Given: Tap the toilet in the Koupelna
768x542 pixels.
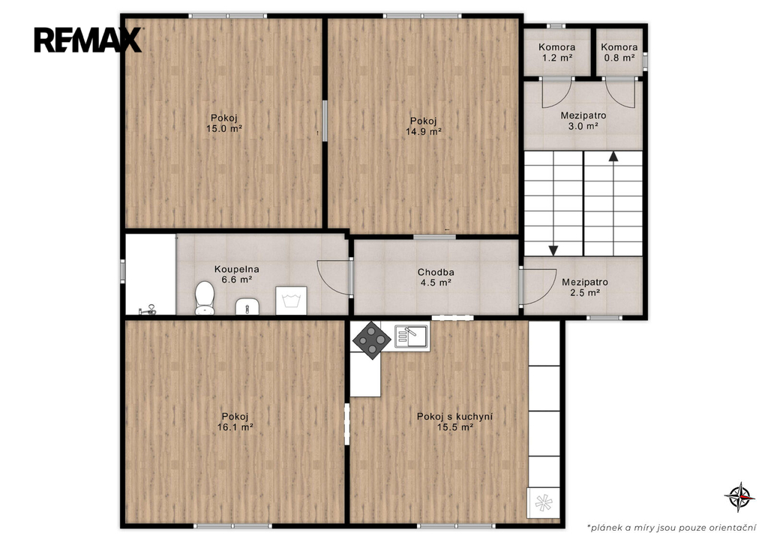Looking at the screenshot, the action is pos(205,298).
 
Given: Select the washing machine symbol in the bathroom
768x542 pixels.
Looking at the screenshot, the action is pos(291,300).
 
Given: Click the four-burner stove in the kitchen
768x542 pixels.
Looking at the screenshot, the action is pos(372,340).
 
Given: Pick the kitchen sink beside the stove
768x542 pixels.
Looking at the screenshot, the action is pos(412,337).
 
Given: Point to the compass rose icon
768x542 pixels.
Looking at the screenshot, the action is pos(739,496).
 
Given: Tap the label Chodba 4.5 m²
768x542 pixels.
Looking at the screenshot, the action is pos(436,277).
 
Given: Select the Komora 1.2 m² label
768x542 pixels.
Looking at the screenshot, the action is pos(557,52).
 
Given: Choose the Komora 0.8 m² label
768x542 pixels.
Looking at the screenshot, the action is pos(619,52).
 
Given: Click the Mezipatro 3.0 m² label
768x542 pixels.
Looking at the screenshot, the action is pos(583,121).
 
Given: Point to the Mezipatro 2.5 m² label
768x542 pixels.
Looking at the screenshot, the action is pos(585,287).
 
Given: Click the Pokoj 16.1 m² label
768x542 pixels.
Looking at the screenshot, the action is pos(235,421).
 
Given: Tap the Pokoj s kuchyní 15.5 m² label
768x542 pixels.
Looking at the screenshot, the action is pos(455,421).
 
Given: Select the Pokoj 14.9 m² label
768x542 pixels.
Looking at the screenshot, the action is pos(424,127).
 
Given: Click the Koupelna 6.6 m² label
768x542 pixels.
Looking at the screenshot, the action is pos(236,274).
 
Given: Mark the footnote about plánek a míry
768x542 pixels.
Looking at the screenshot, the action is pos(671,528).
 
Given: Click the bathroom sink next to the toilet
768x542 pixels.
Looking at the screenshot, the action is pos(247,307).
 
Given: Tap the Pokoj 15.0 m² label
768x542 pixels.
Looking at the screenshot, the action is pos(224,124).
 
